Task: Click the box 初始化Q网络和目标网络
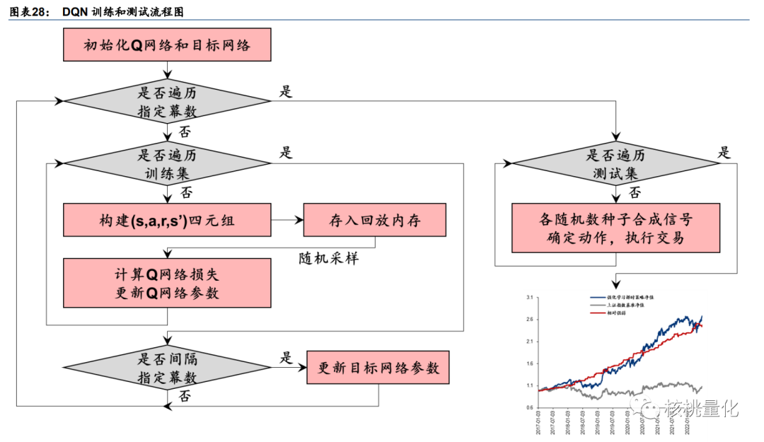pos(167,45)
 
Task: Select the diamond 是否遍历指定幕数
pos(167,102)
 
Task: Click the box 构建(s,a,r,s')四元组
pos(167,221)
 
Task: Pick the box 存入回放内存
pos(375,221)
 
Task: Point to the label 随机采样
pos(328,258)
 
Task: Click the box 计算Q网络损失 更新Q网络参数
pos(167,283)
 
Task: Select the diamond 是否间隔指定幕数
pos(167,368)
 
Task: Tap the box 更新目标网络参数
pos(378,368)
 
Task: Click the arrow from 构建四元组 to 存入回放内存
pos(287,221)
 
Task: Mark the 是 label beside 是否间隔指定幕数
pos(286,357)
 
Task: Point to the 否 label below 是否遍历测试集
pos(635,192)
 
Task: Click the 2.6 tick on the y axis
pos(530,320)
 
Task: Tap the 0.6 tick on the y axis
pos(530,408)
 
